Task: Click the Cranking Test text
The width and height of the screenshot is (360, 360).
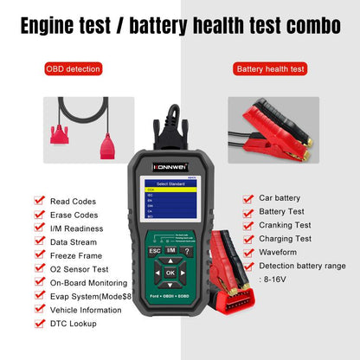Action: tap(286, 224)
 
